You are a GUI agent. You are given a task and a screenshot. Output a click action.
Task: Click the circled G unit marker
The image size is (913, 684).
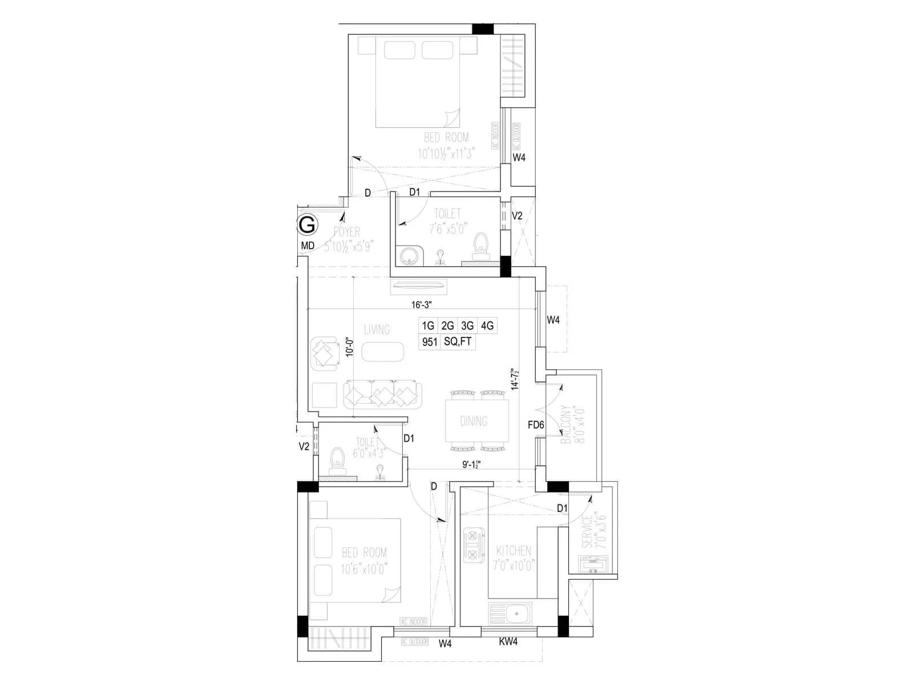click(x=307, y=225)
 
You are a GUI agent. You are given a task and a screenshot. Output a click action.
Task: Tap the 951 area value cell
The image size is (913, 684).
click(x=429, y=342)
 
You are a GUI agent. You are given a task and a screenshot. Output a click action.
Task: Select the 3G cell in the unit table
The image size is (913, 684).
click(x=467, y=325)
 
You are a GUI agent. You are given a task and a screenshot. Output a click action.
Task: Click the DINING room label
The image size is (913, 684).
click(x=474, y=421)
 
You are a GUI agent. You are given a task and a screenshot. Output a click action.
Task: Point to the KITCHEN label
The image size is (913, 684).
click(x=514, y=551)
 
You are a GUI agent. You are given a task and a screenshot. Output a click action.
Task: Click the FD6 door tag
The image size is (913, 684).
click(x=536, y=425)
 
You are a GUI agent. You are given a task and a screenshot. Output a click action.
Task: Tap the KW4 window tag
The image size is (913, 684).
click(x=508, y=642)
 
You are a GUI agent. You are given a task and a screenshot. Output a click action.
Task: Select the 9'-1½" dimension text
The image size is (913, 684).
click(x=472, y=465)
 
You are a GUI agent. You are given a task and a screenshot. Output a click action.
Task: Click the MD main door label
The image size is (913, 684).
click(x=308, y=246)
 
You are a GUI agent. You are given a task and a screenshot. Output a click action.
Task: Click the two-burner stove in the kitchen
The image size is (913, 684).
click(x=473, y=545)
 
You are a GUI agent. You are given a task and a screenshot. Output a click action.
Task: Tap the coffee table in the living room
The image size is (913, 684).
click(x=383, y=352)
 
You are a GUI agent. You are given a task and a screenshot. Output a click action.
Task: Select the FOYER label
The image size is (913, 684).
click(x=346, y=232)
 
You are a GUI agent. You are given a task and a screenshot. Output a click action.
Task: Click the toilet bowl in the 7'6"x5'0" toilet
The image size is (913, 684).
click(x=482, y=243)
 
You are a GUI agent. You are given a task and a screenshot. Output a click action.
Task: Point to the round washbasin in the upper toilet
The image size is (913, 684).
click(x=409, y=255)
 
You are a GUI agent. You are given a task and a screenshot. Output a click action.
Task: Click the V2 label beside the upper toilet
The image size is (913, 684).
click(x=517, y=216)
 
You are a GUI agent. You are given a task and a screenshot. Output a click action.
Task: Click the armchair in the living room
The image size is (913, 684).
click(x=325, y=353)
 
